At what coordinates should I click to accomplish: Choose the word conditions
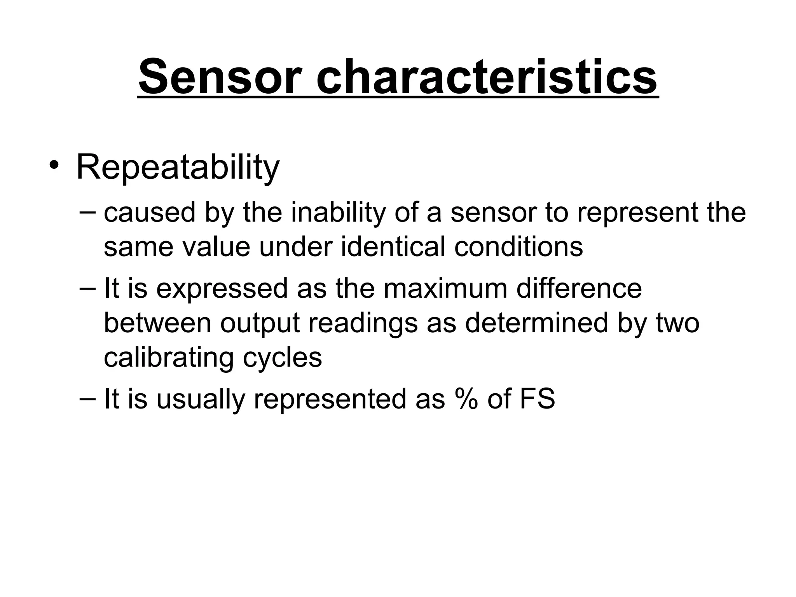pos(518,247)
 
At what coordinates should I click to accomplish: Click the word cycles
pos(282,358)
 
